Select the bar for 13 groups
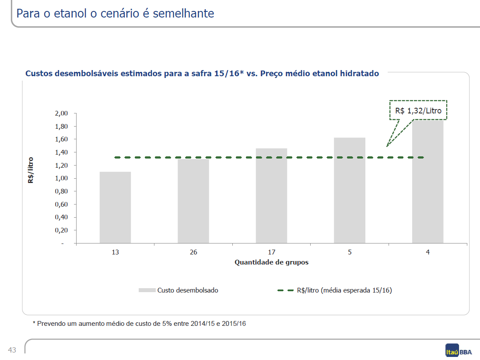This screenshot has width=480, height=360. tap(115, 208)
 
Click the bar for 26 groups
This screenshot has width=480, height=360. tap(193, 201)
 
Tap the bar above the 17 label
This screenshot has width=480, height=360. tap(272, 196)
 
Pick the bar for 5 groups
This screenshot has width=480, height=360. tap(350, 190)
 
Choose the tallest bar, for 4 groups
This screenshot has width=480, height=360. tap(427, 182)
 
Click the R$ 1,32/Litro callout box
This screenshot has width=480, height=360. tap(418, 110)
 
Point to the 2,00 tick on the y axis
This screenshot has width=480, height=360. tap(61, 113)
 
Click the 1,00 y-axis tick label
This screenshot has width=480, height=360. tap(61, 178)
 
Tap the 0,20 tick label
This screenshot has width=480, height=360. tap(61, 230)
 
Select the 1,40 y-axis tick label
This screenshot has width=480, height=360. tap(61, 152)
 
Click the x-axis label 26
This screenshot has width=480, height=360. tap(193, 252)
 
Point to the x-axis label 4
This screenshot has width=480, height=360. tap(427, 252)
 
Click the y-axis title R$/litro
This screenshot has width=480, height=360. tap(31, 170)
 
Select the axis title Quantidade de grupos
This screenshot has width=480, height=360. tap(272, 262)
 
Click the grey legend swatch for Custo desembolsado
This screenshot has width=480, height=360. tap(147, 290)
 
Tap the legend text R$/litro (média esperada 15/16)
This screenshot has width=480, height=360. tap(344, 290)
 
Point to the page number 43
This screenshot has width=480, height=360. tap(12, 350)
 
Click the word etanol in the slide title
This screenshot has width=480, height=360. tap(70, 14)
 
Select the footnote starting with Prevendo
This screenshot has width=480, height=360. tap(139, 324)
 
